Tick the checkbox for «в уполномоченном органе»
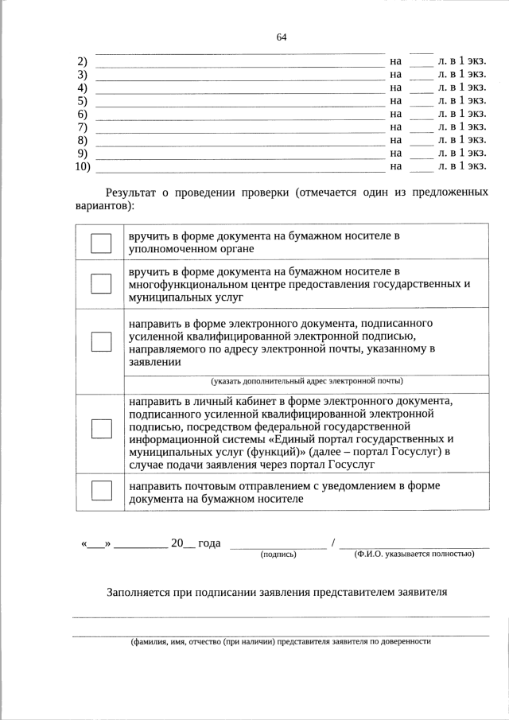(101, 243)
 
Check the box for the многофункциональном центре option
(101, 284)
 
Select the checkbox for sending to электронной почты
(101, 341)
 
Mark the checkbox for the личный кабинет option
(101, 428)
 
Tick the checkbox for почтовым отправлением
(101, 491)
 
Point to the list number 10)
(82, 166)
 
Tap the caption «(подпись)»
(278, 555)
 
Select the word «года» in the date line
(209, 543)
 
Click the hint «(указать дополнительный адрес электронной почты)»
(306, 381)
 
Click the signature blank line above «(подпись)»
(278, 547)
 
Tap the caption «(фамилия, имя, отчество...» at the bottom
(280, 641)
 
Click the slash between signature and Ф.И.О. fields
(333, 543)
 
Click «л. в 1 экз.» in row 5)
(462, 100)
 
